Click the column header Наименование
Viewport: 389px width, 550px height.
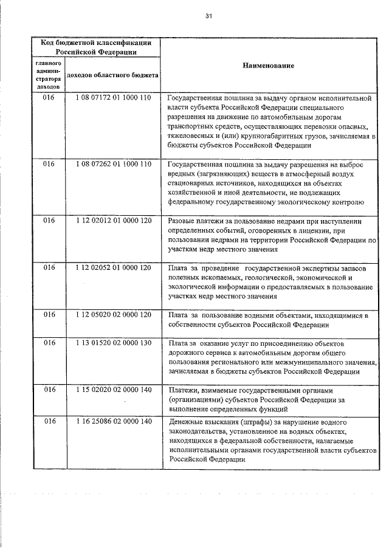coord(269,65)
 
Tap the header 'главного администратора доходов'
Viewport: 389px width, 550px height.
coord(48,75)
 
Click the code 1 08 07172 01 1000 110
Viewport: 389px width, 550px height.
coord(113,97)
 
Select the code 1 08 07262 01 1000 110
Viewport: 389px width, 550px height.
coord(113,164)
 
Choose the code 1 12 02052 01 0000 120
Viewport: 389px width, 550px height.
coord(113,267)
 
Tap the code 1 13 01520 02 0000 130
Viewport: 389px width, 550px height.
coord(113,343)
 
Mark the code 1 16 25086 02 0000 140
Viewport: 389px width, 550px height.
coord(113,421)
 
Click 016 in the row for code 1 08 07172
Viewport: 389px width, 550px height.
coord(48,97)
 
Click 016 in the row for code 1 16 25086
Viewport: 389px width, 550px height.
coord(48,421)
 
